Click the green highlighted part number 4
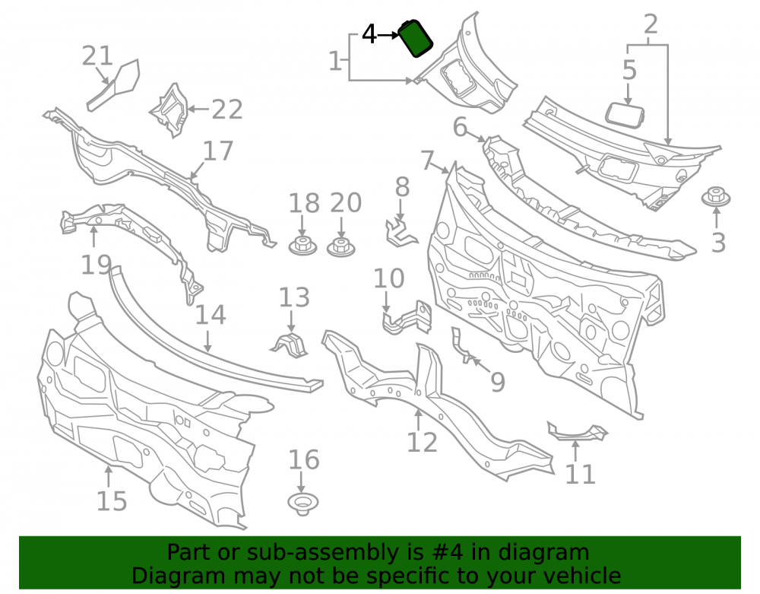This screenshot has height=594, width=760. point(415,38)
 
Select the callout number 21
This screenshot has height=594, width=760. point(97,56)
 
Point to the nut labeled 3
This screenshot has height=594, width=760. point(716,197)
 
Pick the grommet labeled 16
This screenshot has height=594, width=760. point(303,504)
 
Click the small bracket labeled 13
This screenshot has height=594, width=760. point(290,345)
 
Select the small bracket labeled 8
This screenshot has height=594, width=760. point(401,233)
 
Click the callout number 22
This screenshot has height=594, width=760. point(226,110)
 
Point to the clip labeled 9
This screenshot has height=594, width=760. point(461,345)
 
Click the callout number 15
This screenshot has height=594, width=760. point(112,501)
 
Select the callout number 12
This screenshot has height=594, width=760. point(422,442)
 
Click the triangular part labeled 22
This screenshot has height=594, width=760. point(169,110)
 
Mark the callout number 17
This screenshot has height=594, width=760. point(218,151)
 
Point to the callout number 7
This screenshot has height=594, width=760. point(427,160)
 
